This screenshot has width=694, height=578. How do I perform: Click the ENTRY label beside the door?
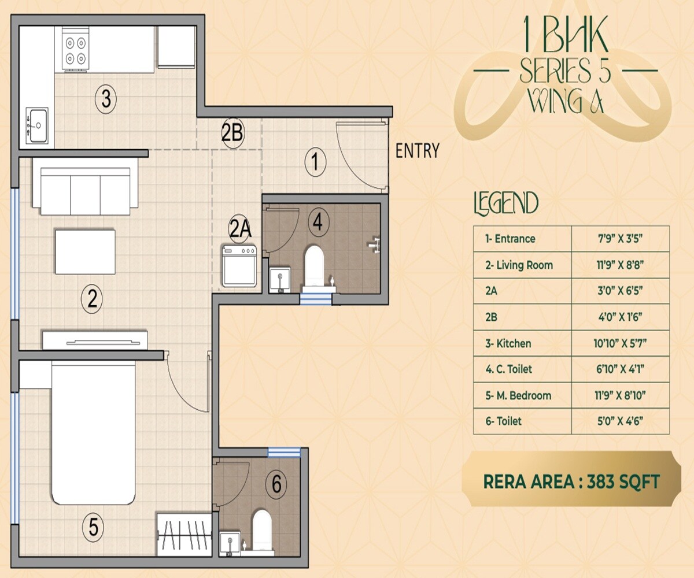417,151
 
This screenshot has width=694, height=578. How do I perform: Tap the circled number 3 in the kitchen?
105,99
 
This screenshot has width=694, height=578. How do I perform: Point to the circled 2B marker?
232,134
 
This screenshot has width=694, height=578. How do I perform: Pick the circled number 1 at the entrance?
315,162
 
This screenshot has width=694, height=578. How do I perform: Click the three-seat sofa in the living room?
86,187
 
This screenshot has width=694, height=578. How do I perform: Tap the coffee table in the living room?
85,251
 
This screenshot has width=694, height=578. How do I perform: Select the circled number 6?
277,483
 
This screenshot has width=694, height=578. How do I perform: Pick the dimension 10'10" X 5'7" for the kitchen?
619,343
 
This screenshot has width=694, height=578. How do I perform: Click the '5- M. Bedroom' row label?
518,396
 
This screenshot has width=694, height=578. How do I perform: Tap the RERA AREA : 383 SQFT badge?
571,481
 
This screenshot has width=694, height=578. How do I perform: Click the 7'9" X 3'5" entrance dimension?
619,239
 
